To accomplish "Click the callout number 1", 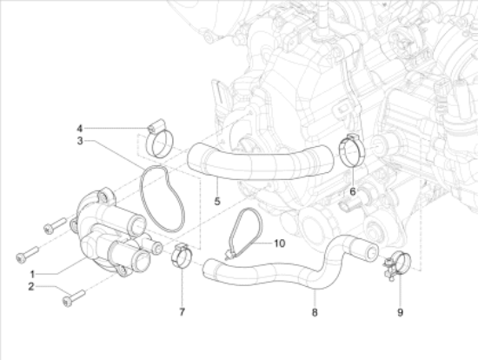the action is click(33, 274).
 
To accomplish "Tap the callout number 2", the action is click(31, 287).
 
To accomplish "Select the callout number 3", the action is click(80, 141).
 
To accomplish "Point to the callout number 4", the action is click(80, 129).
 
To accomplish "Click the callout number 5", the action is click(217, 202).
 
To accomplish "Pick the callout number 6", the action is click(353, 191).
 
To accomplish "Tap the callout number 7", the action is click(182, 312).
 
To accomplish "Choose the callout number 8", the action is click(315, 312).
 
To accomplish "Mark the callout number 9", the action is click(401, 312).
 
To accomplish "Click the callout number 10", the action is click(280, 243).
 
